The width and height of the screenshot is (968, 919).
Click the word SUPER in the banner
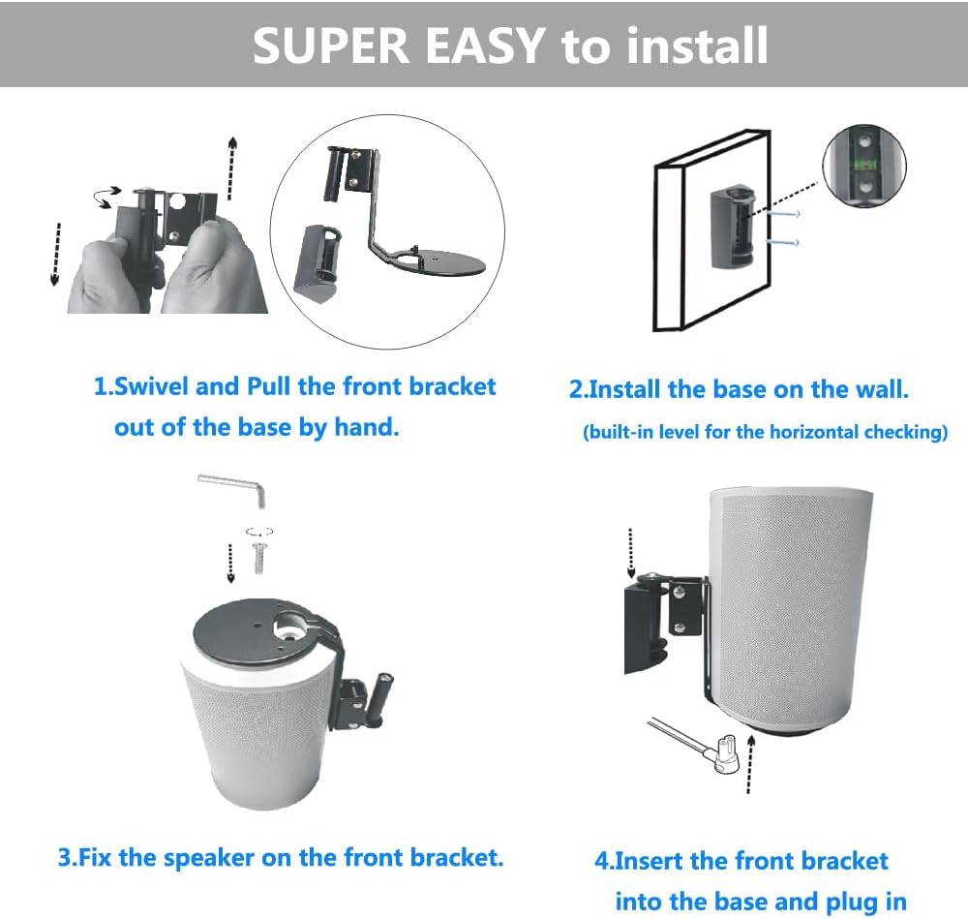pos(331,46)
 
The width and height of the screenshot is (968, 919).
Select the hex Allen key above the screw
pos(234,489)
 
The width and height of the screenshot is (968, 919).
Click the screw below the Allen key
pos(259,558)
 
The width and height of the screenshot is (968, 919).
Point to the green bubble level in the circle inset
pos(864,165)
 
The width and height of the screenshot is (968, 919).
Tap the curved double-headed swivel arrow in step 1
pos(106,197)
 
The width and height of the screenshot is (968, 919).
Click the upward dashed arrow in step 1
pos(231,168)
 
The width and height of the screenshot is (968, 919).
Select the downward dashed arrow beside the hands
pos(55,254)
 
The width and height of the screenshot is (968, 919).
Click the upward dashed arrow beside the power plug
pos(750,763)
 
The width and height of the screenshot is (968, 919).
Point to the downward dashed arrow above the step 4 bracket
pos(630,553)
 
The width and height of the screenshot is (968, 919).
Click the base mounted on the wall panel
pos(733,228)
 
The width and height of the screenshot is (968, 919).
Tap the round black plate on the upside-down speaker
pos(265,633)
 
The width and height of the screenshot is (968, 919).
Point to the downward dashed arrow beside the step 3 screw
pos(230,564)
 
